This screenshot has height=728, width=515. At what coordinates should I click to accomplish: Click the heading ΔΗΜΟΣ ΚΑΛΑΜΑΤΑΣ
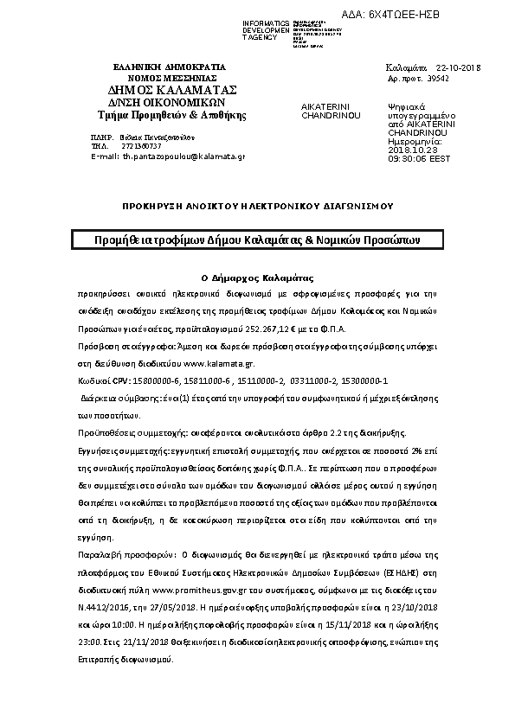click(x=172, y=89)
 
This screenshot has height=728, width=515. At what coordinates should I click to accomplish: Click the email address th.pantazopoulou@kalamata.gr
click(x=183, y=156)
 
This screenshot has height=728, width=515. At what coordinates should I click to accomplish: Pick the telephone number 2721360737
click(x=139, y=146)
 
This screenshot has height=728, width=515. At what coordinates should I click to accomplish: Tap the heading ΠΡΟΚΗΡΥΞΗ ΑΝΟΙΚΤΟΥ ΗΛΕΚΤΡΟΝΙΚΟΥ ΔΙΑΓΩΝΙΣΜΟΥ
click(x=257, y=208)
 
